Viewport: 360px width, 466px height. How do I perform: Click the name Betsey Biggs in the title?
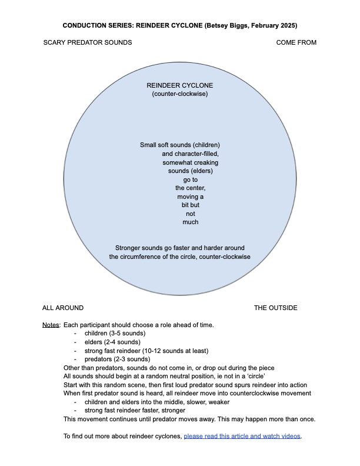[227, 25]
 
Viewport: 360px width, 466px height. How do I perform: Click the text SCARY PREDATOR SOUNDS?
[88, 42]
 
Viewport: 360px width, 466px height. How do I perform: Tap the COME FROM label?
[296, 42]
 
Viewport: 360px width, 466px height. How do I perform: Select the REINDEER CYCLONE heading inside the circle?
[179, 85]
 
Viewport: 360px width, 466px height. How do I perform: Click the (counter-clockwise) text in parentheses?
[179, 94]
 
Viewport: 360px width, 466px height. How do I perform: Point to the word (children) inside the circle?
[206, 145]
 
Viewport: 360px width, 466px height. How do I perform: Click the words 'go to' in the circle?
[191, 179]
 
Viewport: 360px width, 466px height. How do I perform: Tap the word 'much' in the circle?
[191, 222]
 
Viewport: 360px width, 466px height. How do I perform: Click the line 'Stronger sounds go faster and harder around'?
[179, 248]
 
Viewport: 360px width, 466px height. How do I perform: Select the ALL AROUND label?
[63, 308]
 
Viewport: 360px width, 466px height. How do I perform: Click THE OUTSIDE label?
[276, 308]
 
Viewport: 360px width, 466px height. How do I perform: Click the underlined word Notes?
[51, 325]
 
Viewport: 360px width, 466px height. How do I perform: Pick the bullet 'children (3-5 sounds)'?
[115, 333]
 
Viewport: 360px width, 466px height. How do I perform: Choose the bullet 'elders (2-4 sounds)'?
[112, 342]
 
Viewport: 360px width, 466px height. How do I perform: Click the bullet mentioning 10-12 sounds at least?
[146, 351]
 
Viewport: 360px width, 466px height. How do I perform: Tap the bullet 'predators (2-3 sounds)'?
[117, 359]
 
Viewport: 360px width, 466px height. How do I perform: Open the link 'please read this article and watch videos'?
[242, 436]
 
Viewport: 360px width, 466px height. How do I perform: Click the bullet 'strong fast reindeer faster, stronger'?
[135, 411]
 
